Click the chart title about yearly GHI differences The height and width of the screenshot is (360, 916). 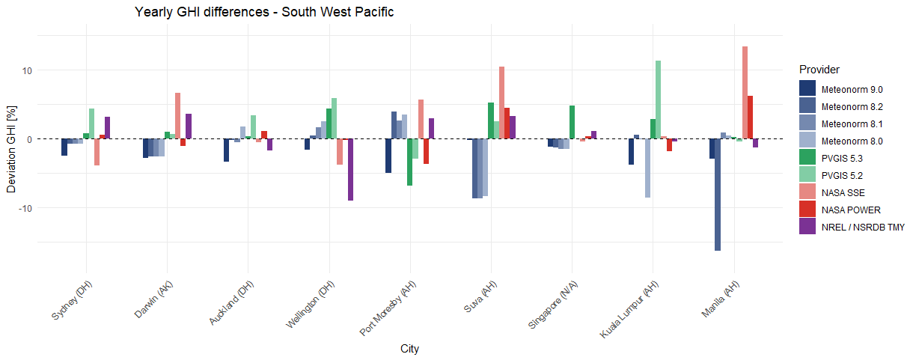pyautogui.click(x=264, y=12)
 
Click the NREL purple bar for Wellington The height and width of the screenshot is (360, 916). pyautogui.click(x=350, y=170)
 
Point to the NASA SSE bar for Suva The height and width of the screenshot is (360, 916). pyautogui.click(x=501, y=103)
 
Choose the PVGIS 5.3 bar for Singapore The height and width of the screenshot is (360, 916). pyautogui.click(x=572, y=122)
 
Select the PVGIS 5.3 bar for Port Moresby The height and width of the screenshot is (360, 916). pyautogui.click(x=409, y=162)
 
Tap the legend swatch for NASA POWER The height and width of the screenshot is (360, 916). pyautogui.click(x=807, y=210)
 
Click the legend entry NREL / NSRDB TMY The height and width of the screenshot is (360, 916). pyautogui.click(x=863, y=227)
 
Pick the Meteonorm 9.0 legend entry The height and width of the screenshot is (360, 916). pyautogui.click(x=852, y=89)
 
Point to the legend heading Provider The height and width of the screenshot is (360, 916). pyautogui.click(x=819, y=70)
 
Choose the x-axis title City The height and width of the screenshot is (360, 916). pyautogui.click(x=409, y=349)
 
